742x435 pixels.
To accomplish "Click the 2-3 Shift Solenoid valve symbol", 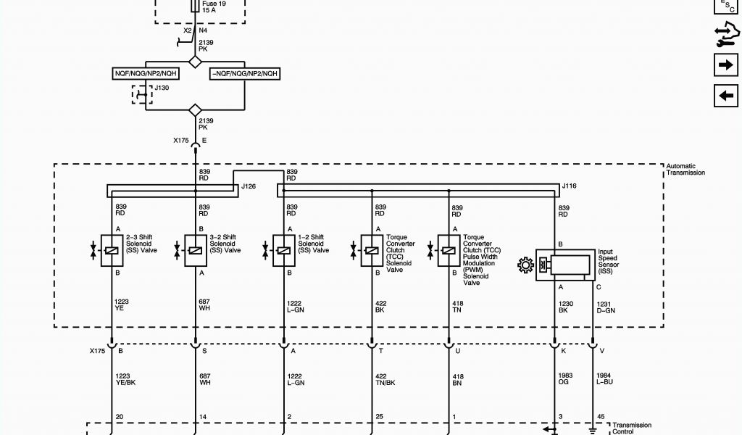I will [x=112, y=250].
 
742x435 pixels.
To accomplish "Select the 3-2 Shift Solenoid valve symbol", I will [x=195, y=250].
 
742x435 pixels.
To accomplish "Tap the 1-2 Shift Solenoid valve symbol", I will [x=283, y=250].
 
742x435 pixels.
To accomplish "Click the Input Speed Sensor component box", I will [x=564, y=265].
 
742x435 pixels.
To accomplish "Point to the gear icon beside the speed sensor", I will [x=525, y=265].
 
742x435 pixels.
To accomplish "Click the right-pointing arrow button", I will [x=725, y=65].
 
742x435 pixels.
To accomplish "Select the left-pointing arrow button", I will [x=725, y=95].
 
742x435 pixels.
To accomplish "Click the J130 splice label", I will [x=162, y=88].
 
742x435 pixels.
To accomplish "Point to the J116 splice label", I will [x=570, y=187].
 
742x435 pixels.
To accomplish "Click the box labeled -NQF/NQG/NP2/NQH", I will [x=244, y=74].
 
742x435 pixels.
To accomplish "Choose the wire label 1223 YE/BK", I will [x=126, y=378].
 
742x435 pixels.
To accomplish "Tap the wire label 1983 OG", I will [x=566, y=378].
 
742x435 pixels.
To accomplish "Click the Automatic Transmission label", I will [x=685, y=169].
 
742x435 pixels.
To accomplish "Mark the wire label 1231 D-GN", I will [x=606, y=307].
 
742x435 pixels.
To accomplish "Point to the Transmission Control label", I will [x=632, y=428].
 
